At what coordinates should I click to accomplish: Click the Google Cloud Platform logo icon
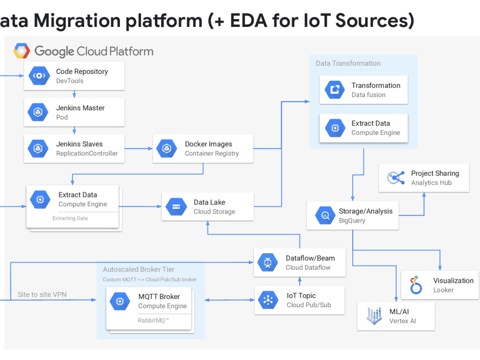click(22, 51)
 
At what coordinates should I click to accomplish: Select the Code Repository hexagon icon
click(39, 76)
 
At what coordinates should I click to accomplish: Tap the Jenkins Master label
click(80, 108)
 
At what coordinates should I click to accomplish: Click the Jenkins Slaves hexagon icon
click(37, 148)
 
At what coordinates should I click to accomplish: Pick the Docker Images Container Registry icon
click(167, 148)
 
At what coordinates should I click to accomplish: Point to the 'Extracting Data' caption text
click(70, 218)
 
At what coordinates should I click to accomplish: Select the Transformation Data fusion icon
click(335, 90)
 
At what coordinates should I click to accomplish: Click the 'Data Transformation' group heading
click(348, 63)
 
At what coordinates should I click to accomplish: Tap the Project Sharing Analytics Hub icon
click(396, 178)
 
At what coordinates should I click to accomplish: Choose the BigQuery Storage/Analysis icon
click(325, 216)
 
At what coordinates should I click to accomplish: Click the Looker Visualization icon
click(416, 285)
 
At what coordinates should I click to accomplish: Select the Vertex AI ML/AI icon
click(374, 316)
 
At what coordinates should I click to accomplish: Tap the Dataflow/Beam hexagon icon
click(268, 263)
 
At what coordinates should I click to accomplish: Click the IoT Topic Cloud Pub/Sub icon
click(268, 300)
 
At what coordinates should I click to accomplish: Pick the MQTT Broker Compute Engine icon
click(120, 301)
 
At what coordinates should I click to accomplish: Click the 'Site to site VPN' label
click(42, 294)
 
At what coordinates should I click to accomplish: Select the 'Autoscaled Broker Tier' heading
click(139, 269)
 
